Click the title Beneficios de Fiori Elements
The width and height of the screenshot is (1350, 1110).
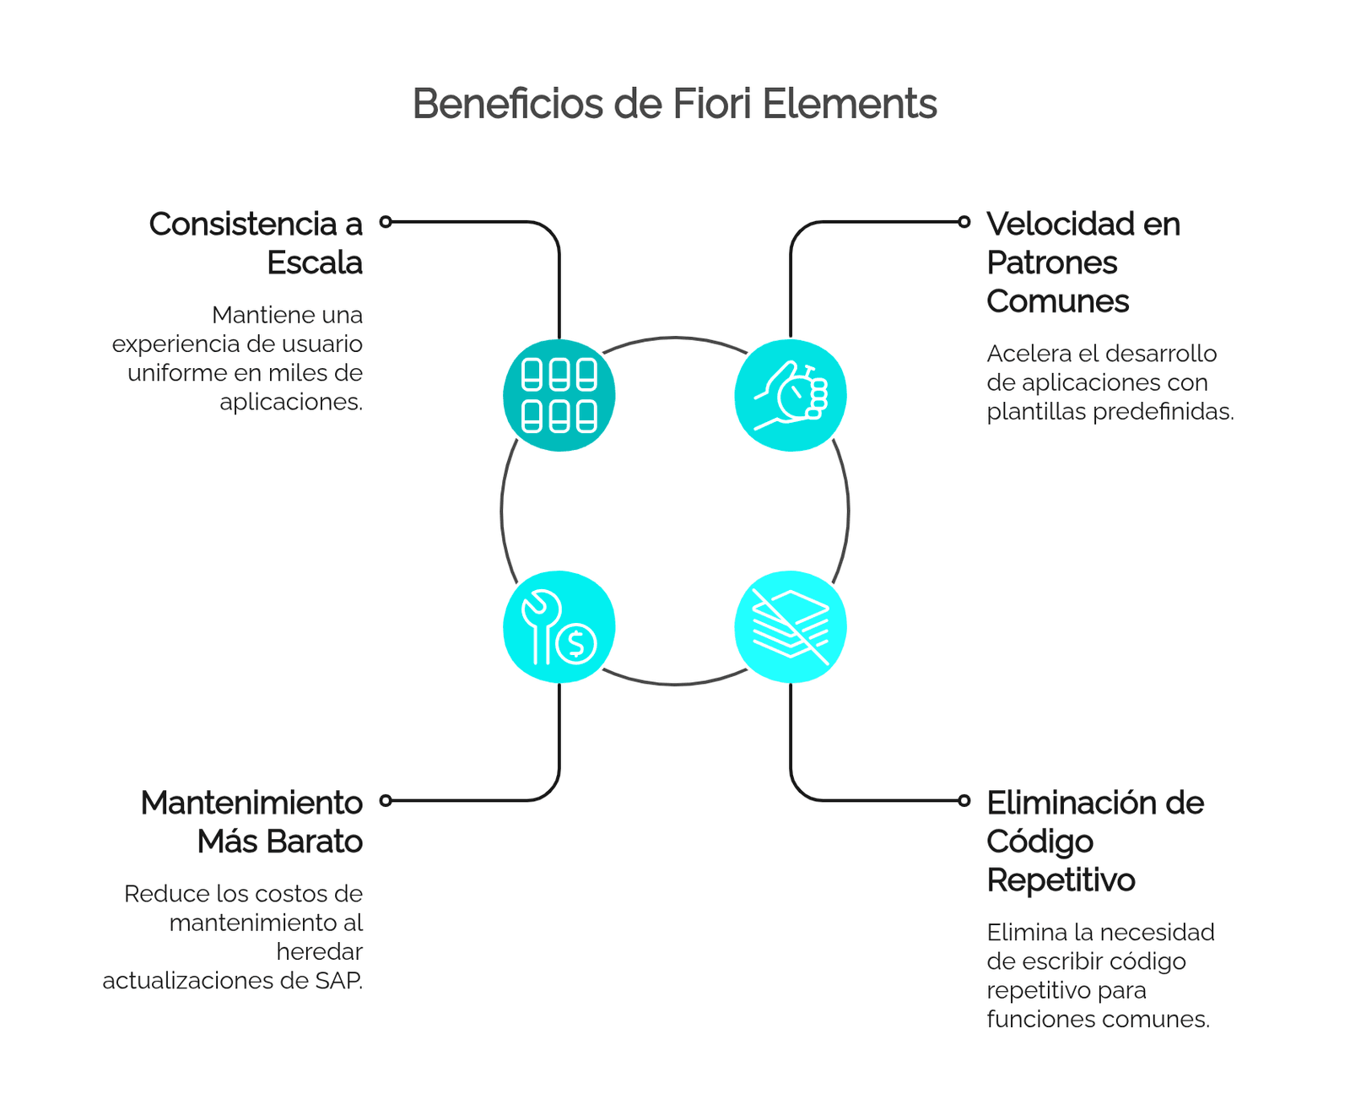pyautogui.click(x=674, y=104)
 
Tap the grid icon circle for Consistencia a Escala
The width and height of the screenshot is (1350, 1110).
pyautogui.click(x=559, y=395)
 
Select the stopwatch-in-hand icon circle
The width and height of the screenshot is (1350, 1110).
pyautogui.click(x=791, y=395)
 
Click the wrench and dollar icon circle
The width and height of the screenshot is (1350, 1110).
pyautogui.click(x=559, y=626)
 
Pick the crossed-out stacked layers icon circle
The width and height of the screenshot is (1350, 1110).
pyautogui.click(x=791, y=626)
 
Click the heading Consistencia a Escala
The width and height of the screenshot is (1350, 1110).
pyautogui.click(x=256, y=243)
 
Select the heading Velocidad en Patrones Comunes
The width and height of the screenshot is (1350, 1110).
pyautogui.click(x=1083, y=263)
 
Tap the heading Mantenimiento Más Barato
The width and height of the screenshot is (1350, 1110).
pyautogui.click(x=251, y=822)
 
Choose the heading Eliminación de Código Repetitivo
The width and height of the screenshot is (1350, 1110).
pyautogui.click(x=1095, y=841)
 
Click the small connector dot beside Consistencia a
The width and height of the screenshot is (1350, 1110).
pyautogui.click(x=386, y=222)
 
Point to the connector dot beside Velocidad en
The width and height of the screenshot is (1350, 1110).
pyautogui.click(x=964, y=222)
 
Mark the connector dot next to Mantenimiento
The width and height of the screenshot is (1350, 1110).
pyautogui.click(x=386, y=800)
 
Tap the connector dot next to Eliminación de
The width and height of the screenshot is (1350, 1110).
pyautogui.click(x=964, y=800)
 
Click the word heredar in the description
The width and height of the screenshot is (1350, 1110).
pyautogui.click(x=320, y=952)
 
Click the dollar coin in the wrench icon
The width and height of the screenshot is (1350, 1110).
pyautogui.click(x=576, y=644)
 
